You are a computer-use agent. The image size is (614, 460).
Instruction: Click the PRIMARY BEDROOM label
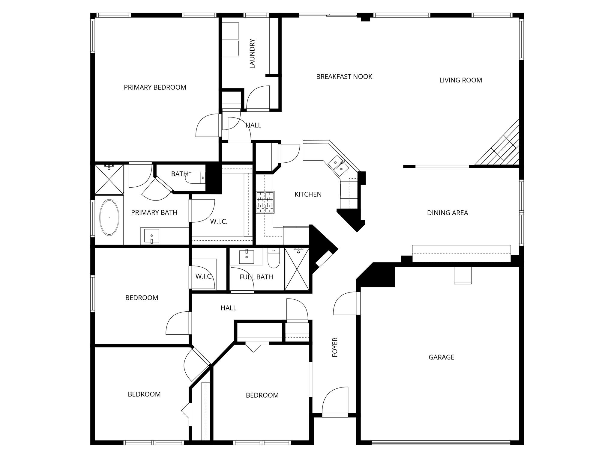pos(155,87)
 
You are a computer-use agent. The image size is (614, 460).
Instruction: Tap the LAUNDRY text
pos(252,54)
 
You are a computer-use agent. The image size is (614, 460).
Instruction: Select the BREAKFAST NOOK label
pos(344,77)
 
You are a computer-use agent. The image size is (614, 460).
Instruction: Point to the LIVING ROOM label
pos(460,80)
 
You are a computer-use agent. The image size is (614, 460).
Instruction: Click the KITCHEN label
pos(308,194)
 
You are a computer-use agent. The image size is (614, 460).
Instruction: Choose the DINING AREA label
pos(447,213)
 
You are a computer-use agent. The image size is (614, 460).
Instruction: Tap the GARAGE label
pos(441,357)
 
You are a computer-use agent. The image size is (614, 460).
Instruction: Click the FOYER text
pos(335,347)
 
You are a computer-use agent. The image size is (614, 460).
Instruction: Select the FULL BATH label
pos(256,277)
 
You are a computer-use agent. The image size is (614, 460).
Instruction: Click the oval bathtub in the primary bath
pos(109,217)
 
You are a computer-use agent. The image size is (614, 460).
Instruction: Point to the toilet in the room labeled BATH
pos(195,178)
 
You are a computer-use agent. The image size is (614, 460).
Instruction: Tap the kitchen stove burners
pos(265,203)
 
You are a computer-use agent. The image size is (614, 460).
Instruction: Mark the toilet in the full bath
pos(274,258)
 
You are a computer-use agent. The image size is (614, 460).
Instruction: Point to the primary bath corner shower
pos(109,179)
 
